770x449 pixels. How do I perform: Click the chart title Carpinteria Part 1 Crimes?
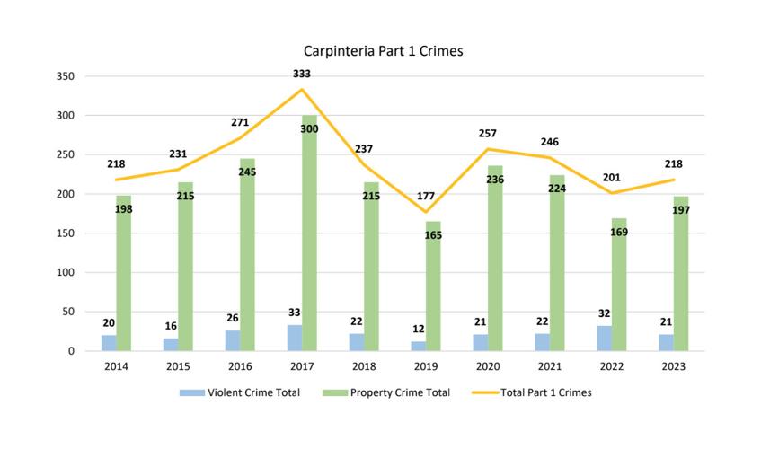click(384, 51)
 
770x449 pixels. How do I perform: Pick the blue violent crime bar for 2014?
click(109, 343)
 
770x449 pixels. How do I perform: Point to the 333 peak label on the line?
click(302, 74)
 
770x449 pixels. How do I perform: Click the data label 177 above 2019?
click(426, 196)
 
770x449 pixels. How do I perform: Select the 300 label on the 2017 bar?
click(309, 129)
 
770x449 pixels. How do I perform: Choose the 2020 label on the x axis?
click(488, 366)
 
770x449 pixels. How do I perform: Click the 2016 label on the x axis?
click(240, 366)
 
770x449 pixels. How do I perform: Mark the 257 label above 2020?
click(488, 133)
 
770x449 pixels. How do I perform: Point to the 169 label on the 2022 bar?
click(619, 233)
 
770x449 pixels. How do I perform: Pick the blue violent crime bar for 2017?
click(294, 339)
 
